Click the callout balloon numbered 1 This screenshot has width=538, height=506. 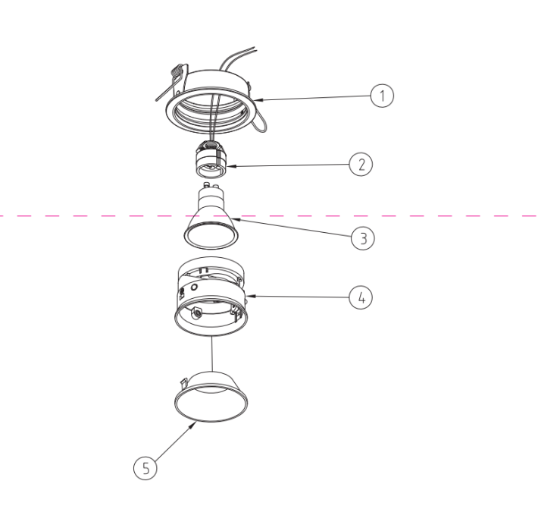click(x=382, y=96)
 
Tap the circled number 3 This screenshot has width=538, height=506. click(x=363, y=237)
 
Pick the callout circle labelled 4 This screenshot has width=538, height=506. click(x=361, y=297)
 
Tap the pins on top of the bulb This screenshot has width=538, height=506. click(x=209, y=186)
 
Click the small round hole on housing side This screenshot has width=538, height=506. click(x=194, y=288)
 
